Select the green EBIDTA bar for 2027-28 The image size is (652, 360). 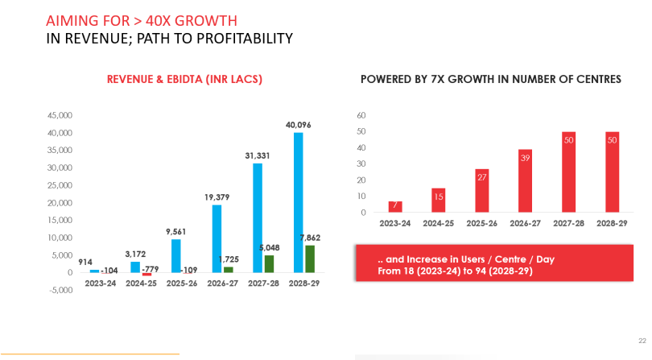click(269, 263)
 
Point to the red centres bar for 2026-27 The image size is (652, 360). click(526, 181)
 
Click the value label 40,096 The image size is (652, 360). click(299, 125)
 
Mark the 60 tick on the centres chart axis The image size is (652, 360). click(361, 115)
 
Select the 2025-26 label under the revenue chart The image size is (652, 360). click(181, 283)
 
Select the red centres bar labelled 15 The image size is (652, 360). click(439, 201)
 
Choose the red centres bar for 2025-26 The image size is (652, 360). click(482, 191)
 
